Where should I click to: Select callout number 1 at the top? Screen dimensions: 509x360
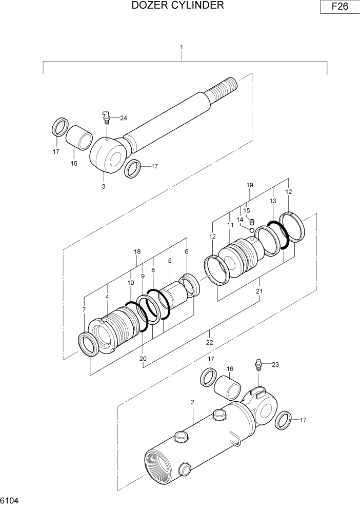tap(182, 47)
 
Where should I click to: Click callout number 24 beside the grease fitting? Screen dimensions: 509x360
tap(123, 118)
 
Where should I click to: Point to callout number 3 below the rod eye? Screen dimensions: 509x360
tap(104, 186)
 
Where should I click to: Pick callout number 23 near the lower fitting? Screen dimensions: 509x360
tap(275, 365)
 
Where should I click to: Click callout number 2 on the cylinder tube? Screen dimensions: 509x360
tap(192, 402)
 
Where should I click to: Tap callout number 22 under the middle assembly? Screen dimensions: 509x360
tap(210, 342)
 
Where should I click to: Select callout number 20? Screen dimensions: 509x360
tap(143, 358)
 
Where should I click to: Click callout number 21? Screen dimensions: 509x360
tap(259, 291)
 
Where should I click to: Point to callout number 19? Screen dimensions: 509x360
tap(250, 185)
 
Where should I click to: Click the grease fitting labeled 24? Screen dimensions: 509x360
tap(107, 119)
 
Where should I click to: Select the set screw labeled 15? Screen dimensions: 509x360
tap(252, 222)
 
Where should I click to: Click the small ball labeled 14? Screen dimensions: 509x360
tap(251, 230)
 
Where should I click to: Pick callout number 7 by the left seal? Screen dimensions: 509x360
tap(84, 310)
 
